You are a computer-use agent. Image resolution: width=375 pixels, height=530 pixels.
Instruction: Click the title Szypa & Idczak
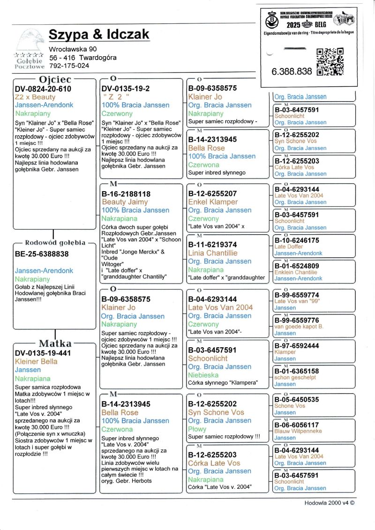click(99, 34)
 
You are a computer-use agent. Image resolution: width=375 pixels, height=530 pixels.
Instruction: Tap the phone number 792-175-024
click(69, 66)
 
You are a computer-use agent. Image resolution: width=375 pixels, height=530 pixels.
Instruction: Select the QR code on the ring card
click(330, 61)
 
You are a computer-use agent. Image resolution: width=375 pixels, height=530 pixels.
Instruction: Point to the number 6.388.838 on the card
click(292, 72)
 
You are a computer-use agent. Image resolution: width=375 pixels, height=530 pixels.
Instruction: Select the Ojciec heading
click(55, 80)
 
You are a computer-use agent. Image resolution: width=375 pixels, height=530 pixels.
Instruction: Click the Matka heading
click(55, 343)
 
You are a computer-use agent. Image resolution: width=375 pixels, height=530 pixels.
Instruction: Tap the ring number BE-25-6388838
click(42, 254)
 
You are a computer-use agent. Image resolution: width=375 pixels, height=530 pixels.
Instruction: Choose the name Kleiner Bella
click(36, 361)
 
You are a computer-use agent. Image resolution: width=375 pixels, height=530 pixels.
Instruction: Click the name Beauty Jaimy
click(125, 202)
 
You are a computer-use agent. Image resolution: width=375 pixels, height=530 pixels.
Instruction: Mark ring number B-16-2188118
click(126, 194)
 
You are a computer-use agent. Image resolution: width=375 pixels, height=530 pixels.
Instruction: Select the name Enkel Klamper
click(213, 202)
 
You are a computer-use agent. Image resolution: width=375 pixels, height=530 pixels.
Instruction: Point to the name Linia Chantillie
click(212, 253)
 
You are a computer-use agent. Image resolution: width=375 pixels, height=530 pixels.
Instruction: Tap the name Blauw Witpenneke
click(298, 431)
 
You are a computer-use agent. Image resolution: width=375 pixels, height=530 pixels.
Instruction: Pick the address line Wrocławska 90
click(73, 49)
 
